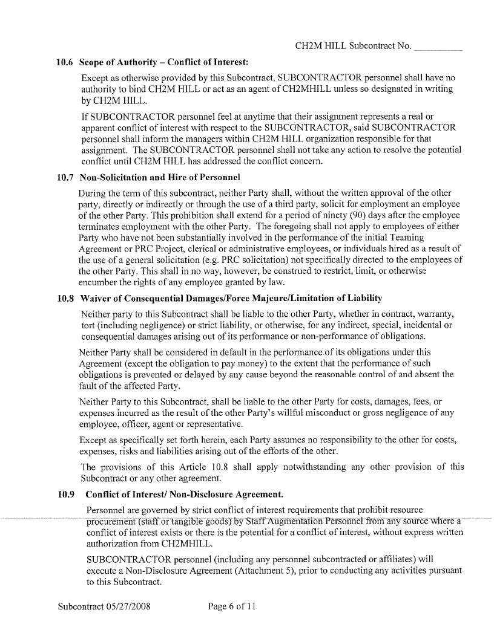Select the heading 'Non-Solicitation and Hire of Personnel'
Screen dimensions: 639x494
[160, 177]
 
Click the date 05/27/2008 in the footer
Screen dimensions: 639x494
[130, 606]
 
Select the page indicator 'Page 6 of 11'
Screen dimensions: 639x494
[232, 606]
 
